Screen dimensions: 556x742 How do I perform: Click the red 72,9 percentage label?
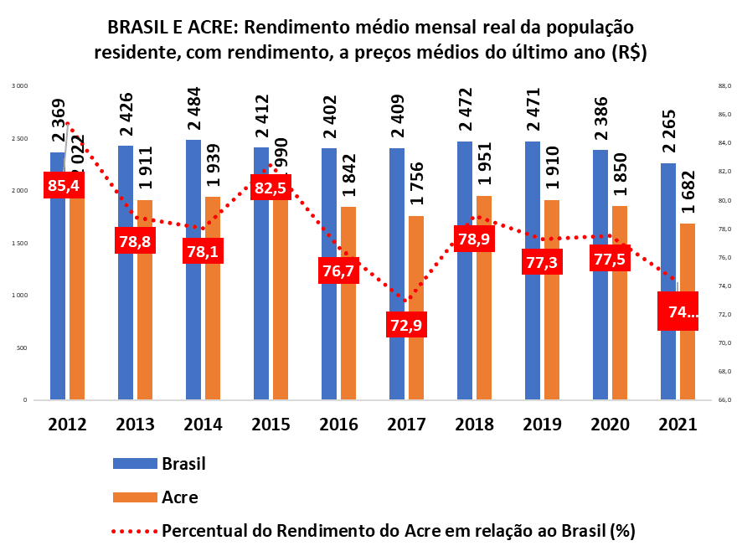coord(407,324)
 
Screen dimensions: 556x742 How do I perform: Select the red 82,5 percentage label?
coord(271,188)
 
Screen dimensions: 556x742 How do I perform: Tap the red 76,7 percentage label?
coord(339,270)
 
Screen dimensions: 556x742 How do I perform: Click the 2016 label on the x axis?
coord(338,424)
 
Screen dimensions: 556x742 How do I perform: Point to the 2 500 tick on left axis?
coord(19,138)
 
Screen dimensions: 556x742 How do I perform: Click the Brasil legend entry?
coord(183,464)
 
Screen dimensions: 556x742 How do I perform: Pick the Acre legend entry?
coord(179,497)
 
